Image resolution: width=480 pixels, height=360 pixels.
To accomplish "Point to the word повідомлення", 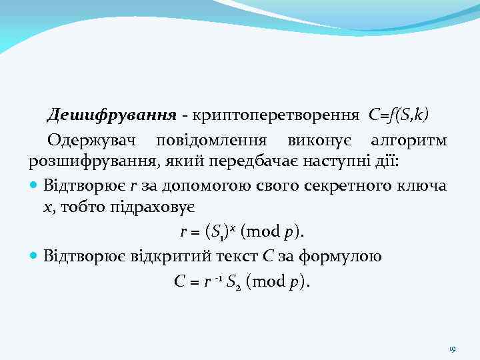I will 211,141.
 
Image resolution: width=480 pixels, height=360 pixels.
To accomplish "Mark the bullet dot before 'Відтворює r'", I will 34,185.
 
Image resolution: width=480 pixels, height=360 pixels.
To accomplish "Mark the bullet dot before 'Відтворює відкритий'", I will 34,256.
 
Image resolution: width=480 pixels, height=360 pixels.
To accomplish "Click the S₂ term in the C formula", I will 233,281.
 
